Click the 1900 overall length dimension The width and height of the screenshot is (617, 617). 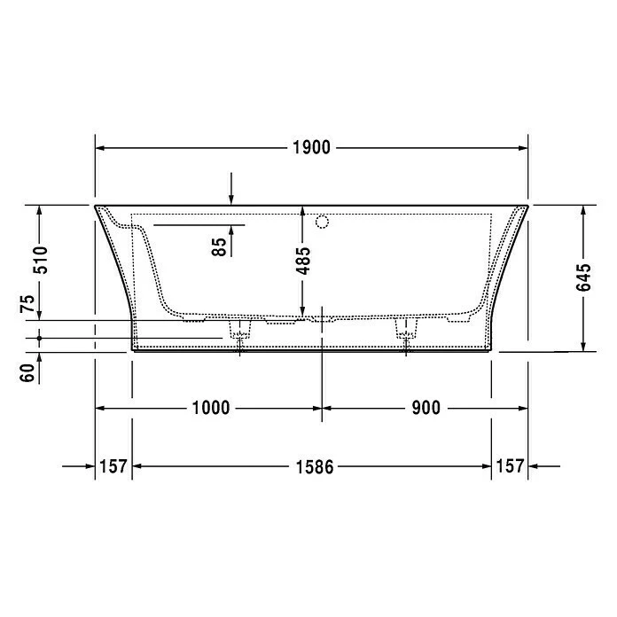tap(311, 148)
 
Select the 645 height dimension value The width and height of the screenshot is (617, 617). tap(582, 278)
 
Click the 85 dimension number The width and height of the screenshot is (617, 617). tap(219, 246)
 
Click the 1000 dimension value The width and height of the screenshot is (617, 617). tap(211, 408)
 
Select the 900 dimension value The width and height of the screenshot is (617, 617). tap(425, 408)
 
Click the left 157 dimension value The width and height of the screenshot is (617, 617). tap(113, 465)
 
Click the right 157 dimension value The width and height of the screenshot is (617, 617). tap(510, 465)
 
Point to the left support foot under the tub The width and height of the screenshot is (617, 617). tap(238, 330)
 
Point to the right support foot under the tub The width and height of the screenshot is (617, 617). tap(407, 330)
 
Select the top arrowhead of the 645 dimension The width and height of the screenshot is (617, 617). tap(582, 211)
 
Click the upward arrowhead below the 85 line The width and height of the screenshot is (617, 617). tap(230, 230)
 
